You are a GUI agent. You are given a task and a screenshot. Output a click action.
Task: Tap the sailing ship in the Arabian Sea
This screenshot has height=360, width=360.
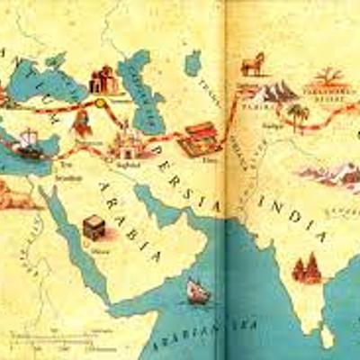(x=195, y=291)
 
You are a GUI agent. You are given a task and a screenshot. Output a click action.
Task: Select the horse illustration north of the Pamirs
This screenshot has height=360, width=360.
(x=252, y=63)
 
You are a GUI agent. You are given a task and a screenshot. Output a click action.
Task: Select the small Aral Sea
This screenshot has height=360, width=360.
(x=192, y=62)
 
